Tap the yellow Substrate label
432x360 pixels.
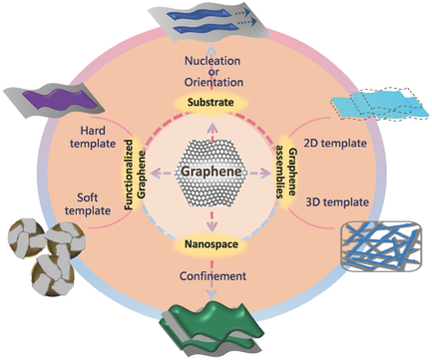coord(214,103)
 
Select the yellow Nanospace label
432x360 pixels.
coord(214,242)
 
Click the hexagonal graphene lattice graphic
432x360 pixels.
coord(214,173)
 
